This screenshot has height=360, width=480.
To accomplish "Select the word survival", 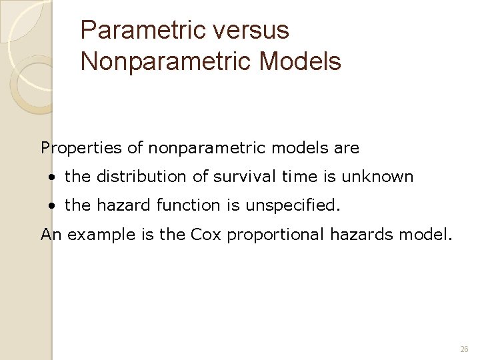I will [240, 177].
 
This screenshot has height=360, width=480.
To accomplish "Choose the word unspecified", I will [293, 206].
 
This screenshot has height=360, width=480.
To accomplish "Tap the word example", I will [93, 235].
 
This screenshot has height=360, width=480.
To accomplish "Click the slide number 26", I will [464, 349].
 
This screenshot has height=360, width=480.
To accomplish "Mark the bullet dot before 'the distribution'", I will [52, 178].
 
